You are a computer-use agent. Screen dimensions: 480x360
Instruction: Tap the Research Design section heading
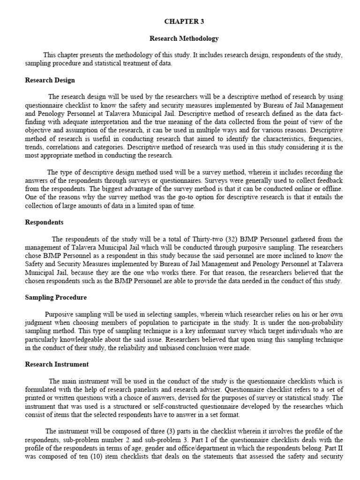50,80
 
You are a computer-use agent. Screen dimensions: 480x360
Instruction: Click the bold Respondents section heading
44,222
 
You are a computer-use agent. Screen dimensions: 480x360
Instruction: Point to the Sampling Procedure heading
56,297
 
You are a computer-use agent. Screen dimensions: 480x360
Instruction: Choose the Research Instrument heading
57,364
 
